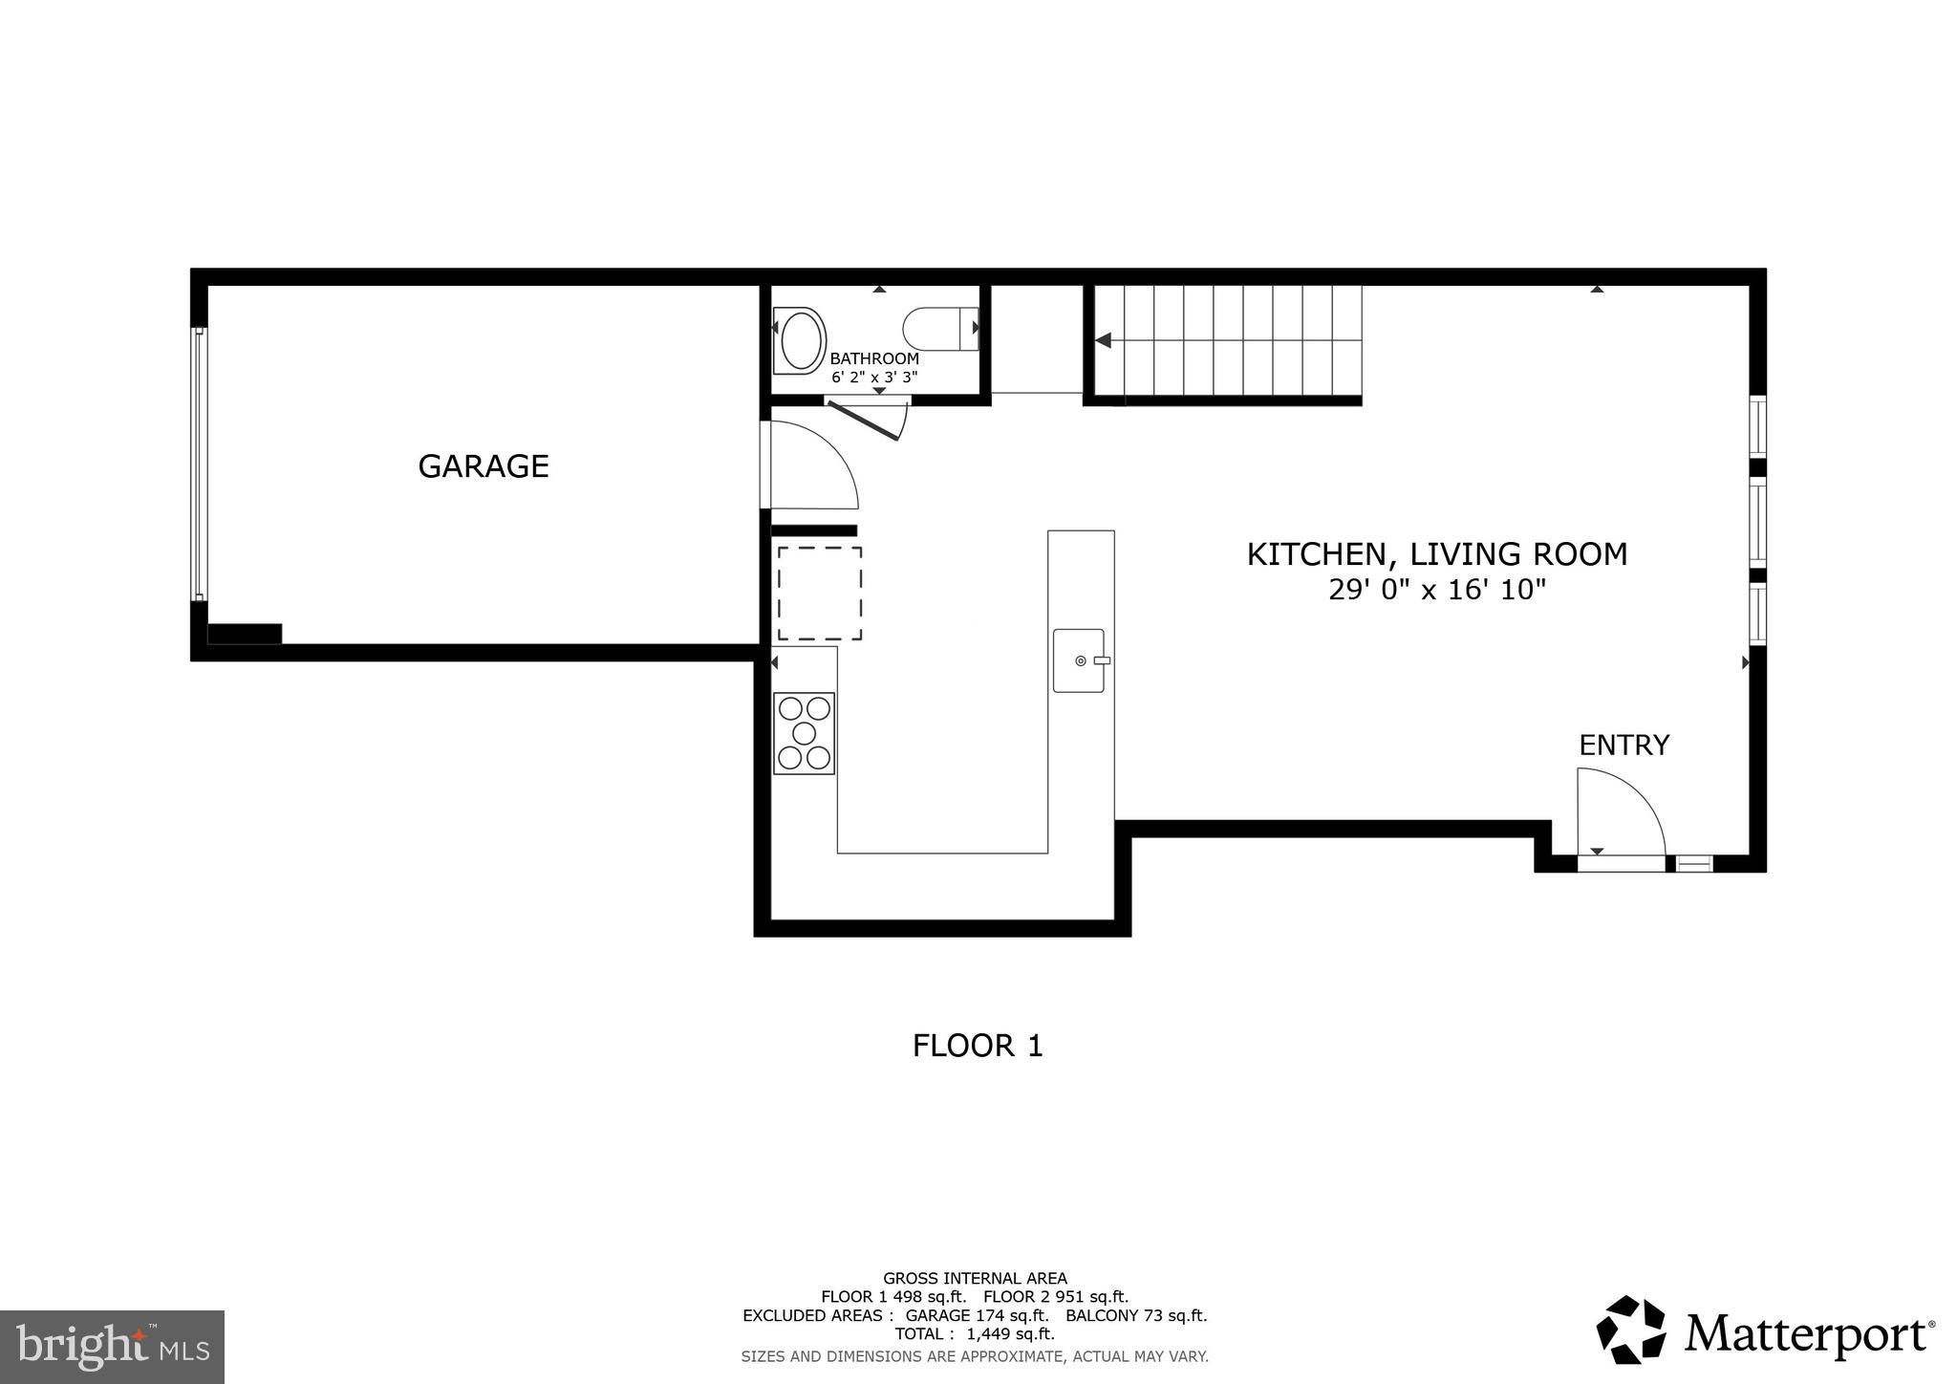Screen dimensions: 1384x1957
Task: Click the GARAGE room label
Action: pyautogui.click(x=483, y=466)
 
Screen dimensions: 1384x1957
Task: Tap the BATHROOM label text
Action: pyautogui.click(x=873, y=358)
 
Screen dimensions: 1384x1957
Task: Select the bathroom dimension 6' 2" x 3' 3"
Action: pyautogui.click(x=873, y=378)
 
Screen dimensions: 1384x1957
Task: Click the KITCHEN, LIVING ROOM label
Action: pyautogui.click(x=1436, y=554)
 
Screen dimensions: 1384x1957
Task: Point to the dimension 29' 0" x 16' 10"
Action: pyautogui.click(x=1436, y=590)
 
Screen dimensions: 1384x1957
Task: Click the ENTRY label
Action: pyautogui.click(x=1624, y=745)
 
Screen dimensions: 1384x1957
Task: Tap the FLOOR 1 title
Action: pyautogui.click(x=977, y=1046)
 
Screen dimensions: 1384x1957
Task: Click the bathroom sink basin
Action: pyautogui.click(x=801, y=340)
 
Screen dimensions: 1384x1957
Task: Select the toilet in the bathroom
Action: pyautogui.click(x=938, y=328)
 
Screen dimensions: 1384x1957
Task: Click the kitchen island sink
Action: pyautogui.click(x=1079, y=660)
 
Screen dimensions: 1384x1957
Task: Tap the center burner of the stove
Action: pyautogui.click(x=804, y=733)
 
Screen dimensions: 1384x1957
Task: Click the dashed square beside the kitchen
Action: pyautogui.click(x=819, y=594)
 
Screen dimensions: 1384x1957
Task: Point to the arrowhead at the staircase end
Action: pyautogui.click(x=1103, y=340)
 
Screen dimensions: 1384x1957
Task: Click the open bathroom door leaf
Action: pyautogui.click(x=863, y=421)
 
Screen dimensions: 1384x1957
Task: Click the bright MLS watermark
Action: pyautogui.click(x=112, y=1348)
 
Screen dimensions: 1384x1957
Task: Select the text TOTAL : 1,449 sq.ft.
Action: pyautogui.click(x=975, y=1333)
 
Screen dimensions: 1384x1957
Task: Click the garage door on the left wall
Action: pyautogui.click(x=199, y=464)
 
